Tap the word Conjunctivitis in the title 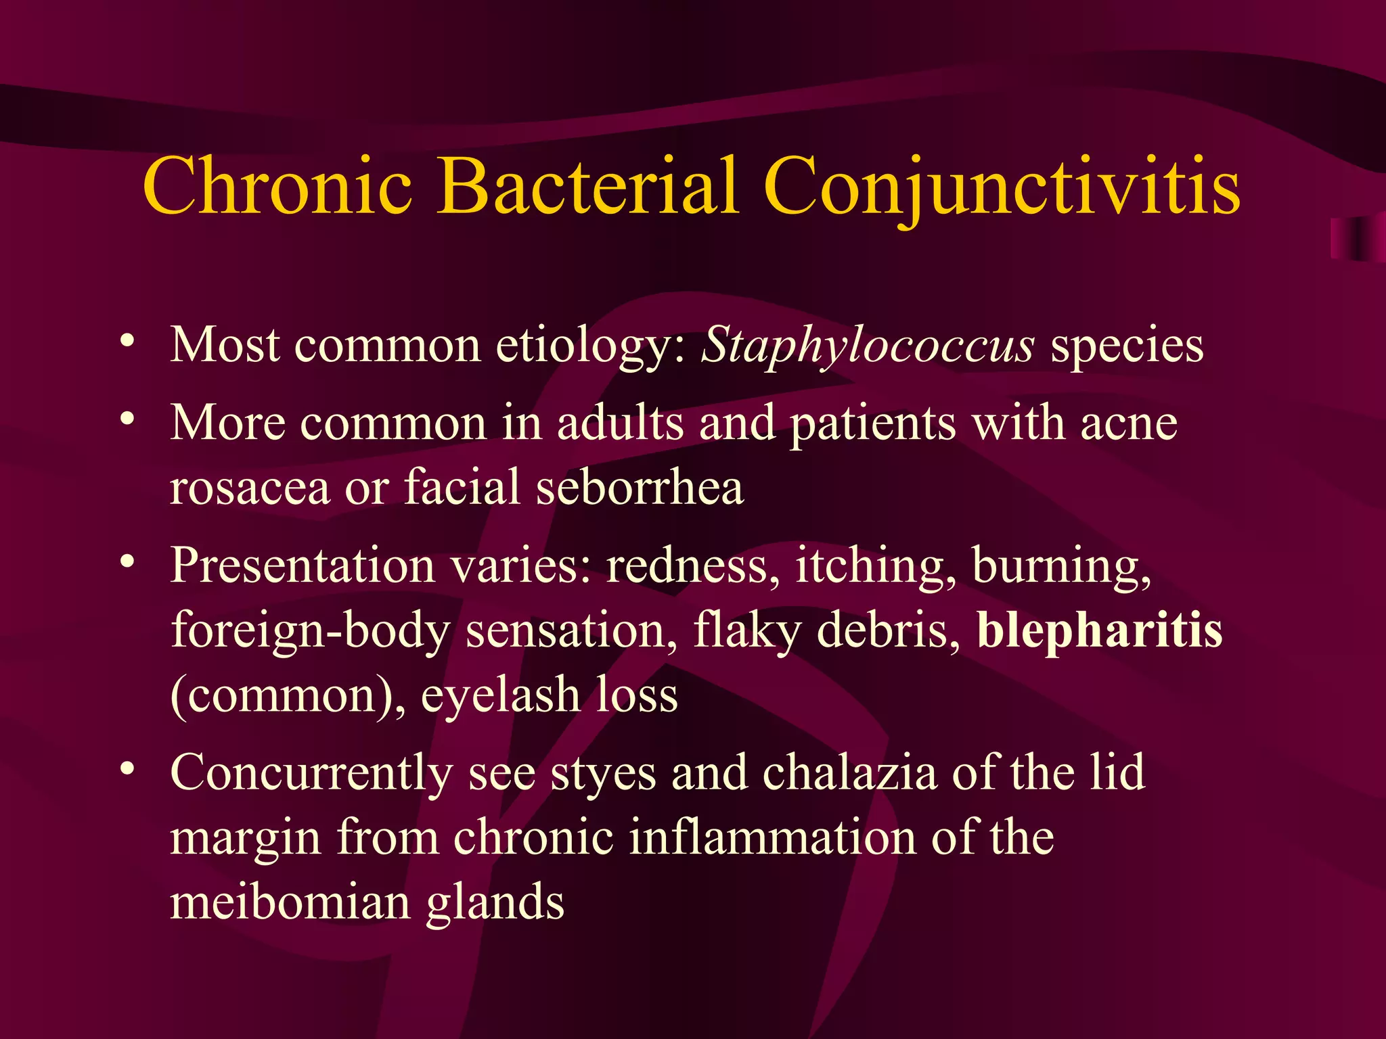coord(1002,186)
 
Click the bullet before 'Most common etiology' coord(127,340)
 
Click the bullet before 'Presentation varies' coord(127,560)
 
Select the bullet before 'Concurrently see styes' coord(127,767)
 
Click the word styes coord(603,774)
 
